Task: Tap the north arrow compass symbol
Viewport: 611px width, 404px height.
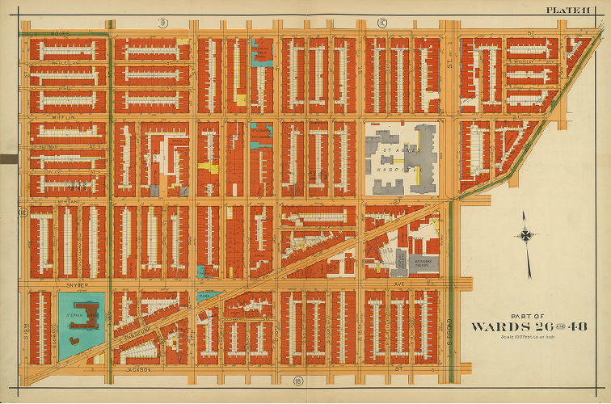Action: coord(527,235)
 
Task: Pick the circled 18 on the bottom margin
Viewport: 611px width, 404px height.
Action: coord(286,379)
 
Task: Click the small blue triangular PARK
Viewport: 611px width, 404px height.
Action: coord(208,297)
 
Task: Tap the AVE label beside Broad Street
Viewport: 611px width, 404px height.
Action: coord(398,284)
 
